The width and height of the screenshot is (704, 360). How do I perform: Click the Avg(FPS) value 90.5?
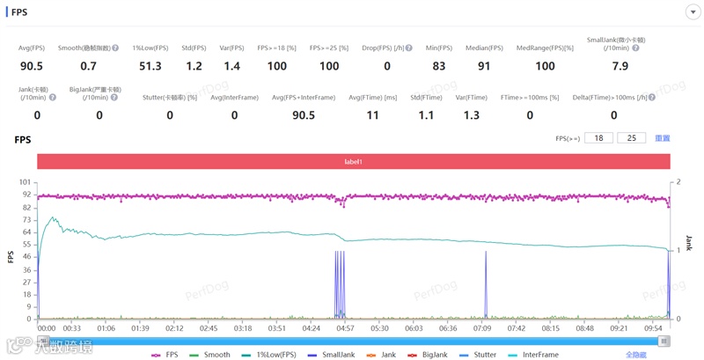pyautogui.click(x=32, y=66)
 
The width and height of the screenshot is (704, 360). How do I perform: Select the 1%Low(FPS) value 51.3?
pyautogui.click(x=149, y=66)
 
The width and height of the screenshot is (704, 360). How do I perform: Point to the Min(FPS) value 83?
pyautogui.click(x=438, y=66)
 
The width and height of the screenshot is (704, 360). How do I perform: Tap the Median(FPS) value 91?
pyautogui.click(x=483, y=66)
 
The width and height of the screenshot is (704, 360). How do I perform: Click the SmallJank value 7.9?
pyautogui.click(x=620, y=66)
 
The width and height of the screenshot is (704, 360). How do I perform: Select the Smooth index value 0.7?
pyautogui.click(x=89, y=66)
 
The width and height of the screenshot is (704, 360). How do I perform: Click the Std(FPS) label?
pyautogui.click(x=193, y=48)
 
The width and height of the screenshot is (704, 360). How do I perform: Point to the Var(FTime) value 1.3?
pyautogui.click(x=470, y=114)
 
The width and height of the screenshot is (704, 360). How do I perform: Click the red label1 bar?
pyautogui.click(x=353, y=162)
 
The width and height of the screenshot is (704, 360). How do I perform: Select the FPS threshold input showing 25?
pyautogui.click(x=631, y=138)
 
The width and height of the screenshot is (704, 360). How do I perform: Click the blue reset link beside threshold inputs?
pyautogui.click(x=662, y=138)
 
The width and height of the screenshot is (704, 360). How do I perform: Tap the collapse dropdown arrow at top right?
pyautogui.click(x=691, y=11)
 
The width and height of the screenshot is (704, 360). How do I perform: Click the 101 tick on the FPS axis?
pyautogui.click(x=25, y=182)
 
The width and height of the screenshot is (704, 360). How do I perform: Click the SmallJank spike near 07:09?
pyautogui.click(x=485, y=282)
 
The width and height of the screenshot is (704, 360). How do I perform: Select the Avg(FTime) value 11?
pyautogui.click(x=372, y=114)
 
